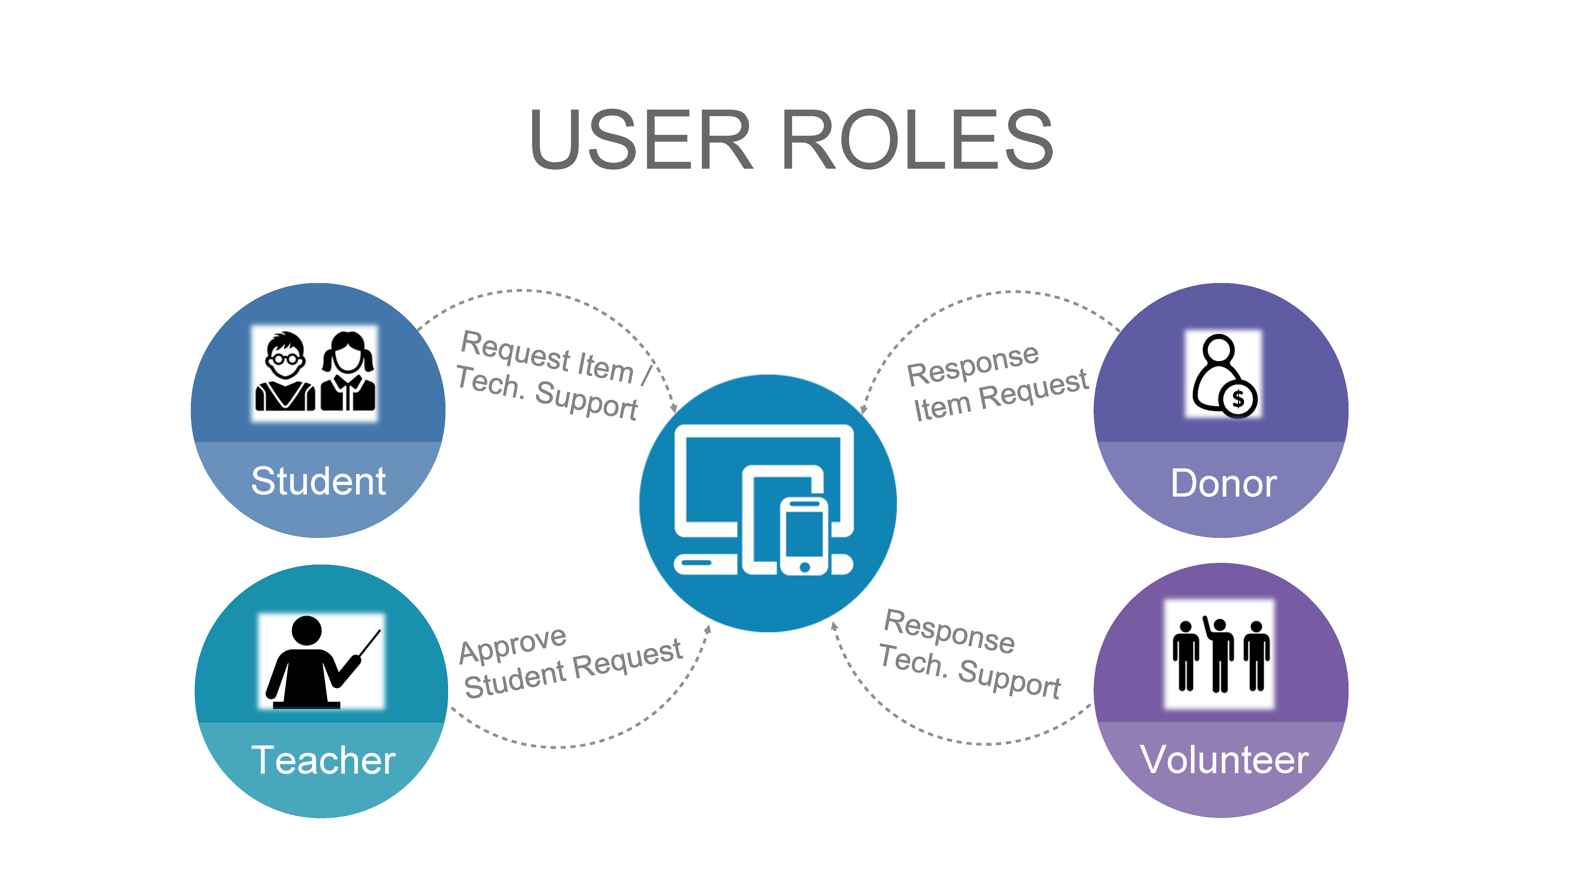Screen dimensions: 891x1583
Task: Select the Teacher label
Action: (x=323, y=760)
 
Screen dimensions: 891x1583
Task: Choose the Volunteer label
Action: (x=1224, y=760)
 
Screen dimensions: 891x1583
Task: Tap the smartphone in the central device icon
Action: (x=804, y=536)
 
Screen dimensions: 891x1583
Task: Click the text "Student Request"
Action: (x=573, y=669)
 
